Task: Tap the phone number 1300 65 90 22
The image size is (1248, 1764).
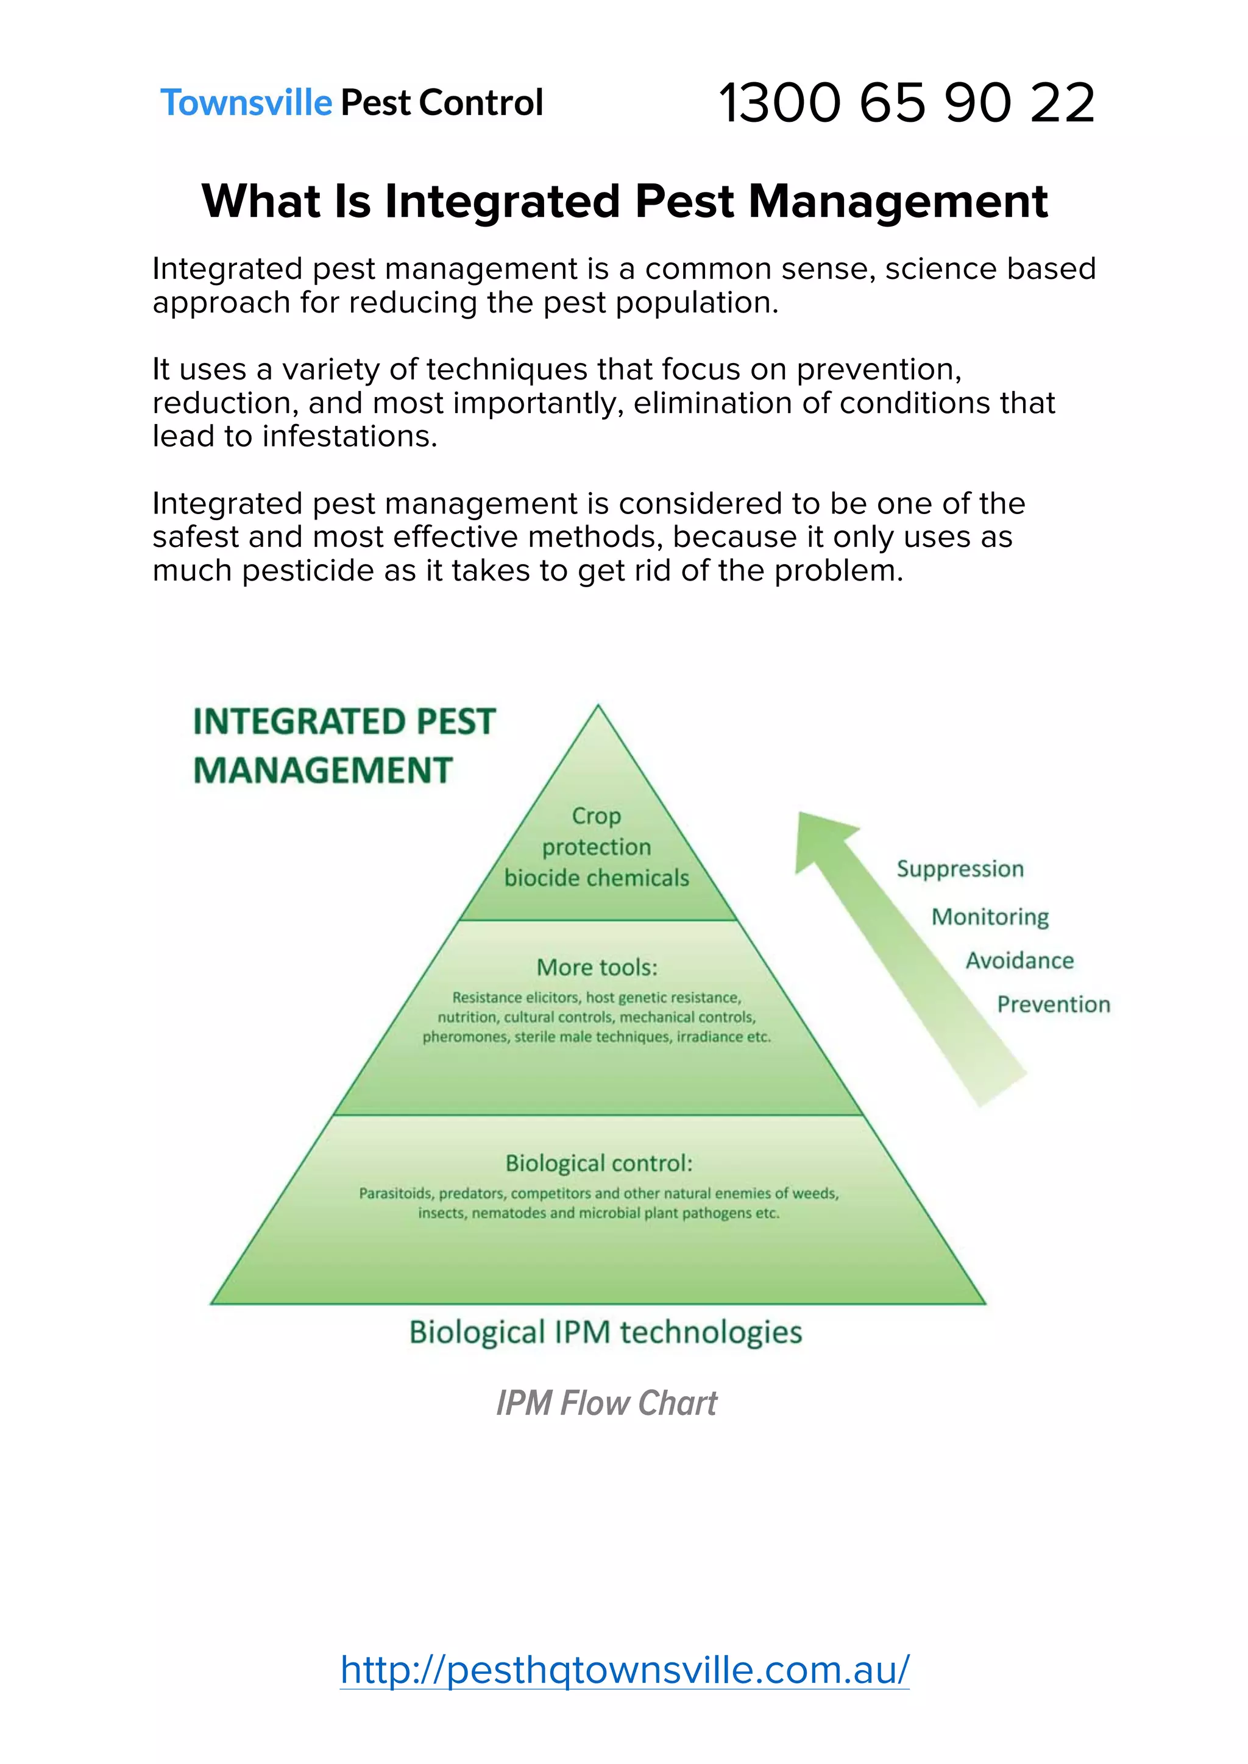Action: (906, 103)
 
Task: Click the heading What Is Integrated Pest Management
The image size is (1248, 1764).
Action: (624, 201)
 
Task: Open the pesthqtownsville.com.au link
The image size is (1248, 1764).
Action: (624, 1670)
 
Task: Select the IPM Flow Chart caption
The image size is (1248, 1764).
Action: (606, 1403)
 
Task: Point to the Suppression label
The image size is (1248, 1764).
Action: (960, 869)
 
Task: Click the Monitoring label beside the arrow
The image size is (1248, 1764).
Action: (990, 917)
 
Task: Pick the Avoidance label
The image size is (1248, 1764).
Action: (1019, 961)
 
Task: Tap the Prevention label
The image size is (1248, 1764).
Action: (1053, 1004)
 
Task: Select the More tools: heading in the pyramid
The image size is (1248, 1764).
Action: (597, 967)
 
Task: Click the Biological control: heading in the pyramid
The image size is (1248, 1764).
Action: (598, 1163)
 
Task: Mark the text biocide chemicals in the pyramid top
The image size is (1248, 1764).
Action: (597, 877)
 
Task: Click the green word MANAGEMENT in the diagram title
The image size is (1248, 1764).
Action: (323, 771)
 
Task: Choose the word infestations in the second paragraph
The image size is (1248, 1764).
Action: (349, 436)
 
